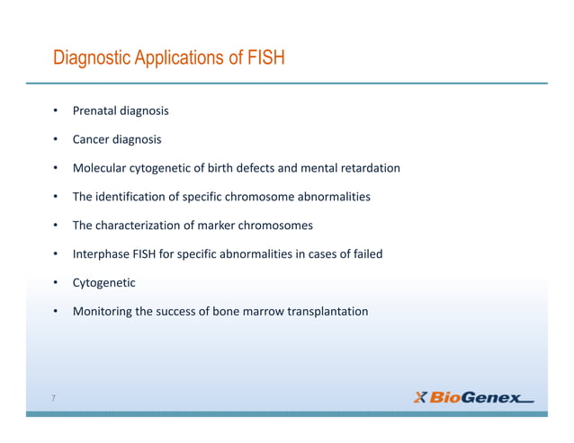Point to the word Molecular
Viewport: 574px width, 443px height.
pos(101,168)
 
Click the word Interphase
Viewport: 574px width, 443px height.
pos(101,254)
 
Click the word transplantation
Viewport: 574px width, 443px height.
pos(327,312)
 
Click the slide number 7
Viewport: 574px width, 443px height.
pos(54,398)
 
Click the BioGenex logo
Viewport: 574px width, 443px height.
pos(473,397)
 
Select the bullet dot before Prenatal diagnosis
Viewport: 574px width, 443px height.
pos(55,111)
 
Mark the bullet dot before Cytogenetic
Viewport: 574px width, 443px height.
pos(55,283)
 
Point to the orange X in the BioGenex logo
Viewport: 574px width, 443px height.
pos(420,397)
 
